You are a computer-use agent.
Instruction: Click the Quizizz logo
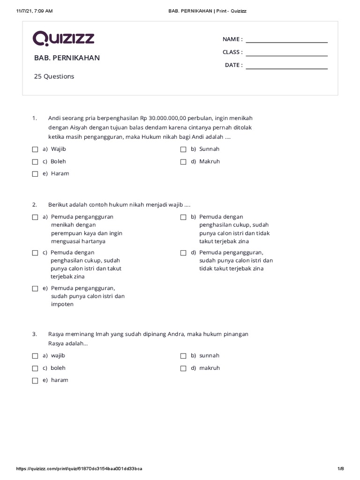[64, 38]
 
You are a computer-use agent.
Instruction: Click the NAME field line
[286, 42]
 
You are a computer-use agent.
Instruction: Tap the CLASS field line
[286, 55]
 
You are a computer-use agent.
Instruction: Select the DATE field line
[286, 68]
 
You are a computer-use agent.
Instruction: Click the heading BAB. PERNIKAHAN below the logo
[67, 58]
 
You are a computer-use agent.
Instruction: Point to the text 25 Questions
[54, 76]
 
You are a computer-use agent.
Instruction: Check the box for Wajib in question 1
[35, 150]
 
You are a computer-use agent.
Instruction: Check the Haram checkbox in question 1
[35, 174]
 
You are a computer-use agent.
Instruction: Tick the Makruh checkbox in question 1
[183, 162]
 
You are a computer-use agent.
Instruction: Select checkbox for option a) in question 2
[35, 217]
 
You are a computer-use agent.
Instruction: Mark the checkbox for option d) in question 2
[183, 253]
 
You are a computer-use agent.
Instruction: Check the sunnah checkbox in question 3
[183, 356]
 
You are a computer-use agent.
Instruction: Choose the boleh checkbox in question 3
[35, 368]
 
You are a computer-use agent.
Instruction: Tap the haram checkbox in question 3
[35, 381]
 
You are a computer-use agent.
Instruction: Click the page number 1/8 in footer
[340, 469]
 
